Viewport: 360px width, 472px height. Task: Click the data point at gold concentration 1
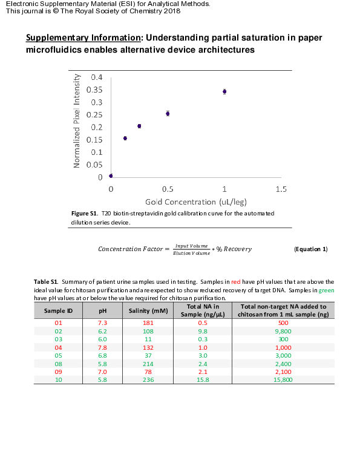pos(224,91)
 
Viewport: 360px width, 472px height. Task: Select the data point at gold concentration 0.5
pos(168,113)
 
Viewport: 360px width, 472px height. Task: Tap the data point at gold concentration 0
pos(111,175)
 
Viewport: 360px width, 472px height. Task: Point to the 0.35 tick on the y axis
pos(96,90)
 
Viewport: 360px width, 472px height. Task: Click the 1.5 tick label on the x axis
pos(281,189)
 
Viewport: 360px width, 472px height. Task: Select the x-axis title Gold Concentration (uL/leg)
pos(196,202)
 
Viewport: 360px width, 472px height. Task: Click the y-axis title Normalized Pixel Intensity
pos(77,121)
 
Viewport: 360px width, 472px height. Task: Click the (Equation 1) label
pos(310,249)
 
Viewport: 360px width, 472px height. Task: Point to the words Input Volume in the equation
pos(191,246)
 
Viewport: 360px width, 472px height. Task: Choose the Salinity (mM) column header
pos(148,310)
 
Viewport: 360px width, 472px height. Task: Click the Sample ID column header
pos(59,310)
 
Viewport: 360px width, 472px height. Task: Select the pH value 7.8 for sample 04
pos(103,347)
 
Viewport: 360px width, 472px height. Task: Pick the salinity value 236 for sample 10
pos(148,379)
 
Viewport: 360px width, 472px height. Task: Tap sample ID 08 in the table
pos(59,364)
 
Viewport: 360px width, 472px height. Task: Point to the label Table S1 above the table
pos(46,282)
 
